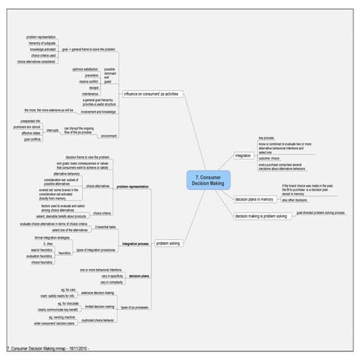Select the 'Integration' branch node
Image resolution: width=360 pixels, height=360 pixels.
tap(243, 155)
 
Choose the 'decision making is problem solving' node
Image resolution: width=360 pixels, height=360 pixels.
tap(260, 216)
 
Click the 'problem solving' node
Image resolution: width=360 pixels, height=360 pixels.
tap(168, 243)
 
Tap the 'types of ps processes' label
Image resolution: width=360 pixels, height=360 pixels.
tap(136, 308)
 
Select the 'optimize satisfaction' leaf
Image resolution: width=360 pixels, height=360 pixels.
tap(87, 68)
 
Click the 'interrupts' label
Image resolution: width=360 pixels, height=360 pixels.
tap(52, 129)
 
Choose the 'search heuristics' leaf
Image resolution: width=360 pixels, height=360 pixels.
tap(45, 250)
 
